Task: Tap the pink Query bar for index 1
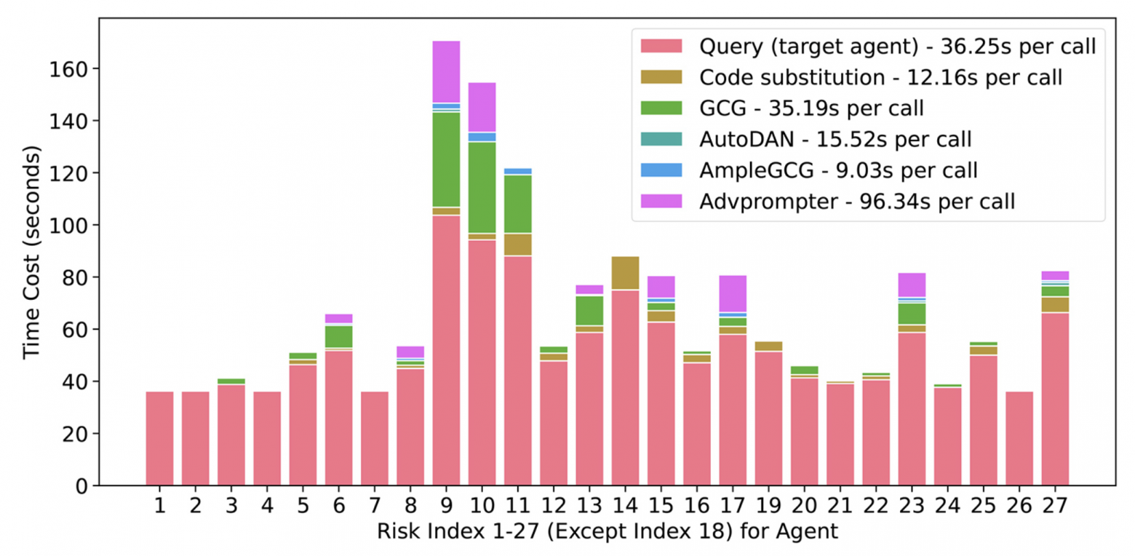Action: [159, 438]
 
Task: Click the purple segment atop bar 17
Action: [733, 293]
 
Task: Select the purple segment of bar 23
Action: [912, 285]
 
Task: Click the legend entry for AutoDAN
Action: [835, 138]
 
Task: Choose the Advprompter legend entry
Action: [856, 200]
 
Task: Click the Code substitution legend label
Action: [880, 76]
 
